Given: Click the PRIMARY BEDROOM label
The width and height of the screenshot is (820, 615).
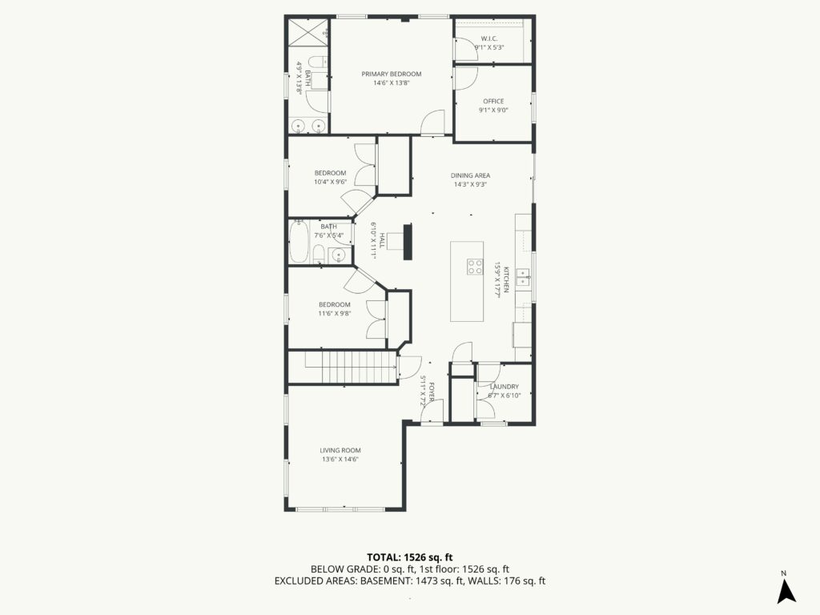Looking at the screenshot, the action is (x=391, y=74).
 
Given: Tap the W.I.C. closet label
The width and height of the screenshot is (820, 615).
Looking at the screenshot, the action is (x=489, y=38).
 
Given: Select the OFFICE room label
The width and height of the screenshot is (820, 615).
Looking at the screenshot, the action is (x=493, y=101).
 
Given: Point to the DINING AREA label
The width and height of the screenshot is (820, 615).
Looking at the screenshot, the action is (x=470, y=175).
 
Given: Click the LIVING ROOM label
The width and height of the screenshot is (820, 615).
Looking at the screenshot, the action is (x=340, y=450).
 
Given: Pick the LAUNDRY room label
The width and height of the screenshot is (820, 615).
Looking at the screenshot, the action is (x=504, y=387).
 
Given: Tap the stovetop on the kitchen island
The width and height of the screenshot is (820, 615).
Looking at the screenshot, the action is (x=475, y=267).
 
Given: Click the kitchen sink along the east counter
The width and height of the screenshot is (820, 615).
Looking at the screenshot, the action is (x=524, y=277).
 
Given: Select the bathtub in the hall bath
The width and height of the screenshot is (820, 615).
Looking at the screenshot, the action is (x=299, y=241).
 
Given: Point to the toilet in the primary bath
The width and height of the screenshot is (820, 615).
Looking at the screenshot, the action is (x=318, y=61).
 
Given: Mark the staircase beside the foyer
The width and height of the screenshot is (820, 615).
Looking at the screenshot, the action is (x=343, y=368).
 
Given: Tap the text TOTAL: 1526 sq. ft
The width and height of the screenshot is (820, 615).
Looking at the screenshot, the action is (x=409, y=557).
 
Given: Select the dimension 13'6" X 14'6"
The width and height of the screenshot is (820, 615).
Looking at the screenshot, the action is (x=340, y=459).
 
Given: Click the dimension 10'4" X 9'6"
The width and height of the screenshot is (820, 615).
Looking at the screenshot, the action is (x=331, y=182).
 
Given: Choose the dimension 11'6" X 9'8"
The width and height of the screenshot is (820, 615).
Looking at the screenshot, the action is (x=335, y=313).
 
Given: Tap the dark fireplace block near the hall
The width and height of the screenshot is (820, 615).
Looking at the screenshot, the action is (x=408, y=241).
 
